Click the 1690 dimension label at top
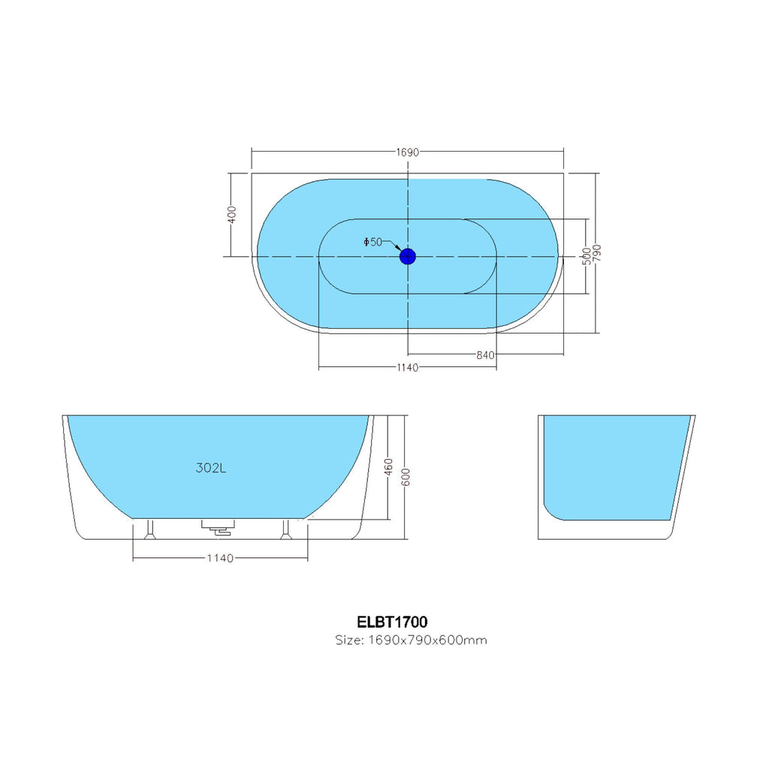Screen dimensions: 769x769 click(408, 152)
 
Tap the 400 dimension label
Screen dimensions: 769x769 click(232, 214)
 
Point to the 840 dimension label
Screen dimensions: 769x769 click(486, 355)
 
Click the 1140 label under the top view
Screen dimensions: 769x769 click(408, 367)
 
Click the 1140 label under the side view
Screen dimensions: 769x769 click(220, 558)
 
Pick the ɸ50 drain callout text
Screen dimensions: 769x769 click(372, 242)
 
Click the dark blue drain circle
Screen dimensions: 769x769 click(408, 256)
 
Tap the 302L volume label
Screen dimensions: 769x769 click(211, 468)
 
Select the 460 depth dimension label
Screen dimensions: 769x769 click(388, 466)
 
